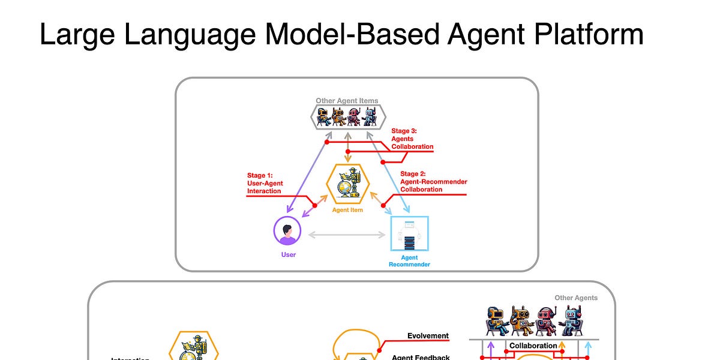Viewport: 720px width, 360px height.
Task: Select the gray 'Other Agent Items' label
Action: [x=347, y=101]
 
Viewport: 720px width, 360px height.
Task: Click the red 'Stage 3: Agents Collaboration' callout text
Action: [x=412, y=139]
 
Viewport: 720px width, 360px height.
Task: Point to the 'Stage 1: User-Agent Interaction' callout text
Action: [x=265, y=184]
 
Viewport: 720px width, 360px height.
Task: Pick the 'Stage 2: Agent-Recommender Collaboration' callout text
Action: [x=433, y=182]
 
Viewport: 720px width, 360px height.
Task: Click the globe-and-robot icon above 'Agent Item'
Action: [x=347, y=182]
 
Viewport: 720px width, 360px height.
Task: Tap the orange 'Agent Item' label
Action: [x=347, y=210]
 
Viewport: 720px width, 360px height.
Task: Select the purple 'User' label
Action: [x=288, y=254]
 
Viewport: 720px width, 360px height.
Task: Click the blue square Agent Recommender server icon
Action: [x=409, y=234]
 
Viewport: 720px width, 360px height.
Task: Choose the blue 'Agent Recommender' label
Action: [x=409, y=261]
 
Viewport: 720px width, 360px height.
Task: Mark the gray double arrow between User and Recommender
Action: [x=347, y=235]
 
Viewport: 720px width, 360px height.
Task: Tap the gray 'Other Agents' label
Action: [x=576, y=298]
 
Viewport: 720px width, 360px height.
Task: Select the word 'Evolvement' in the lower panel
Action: [x=428, y=336]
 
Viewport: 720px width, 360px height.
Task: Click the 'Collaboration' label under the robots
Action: [x=533, y=346]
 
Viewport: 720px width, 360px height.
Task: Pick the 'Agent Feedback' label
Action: [x=421, y=357]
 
